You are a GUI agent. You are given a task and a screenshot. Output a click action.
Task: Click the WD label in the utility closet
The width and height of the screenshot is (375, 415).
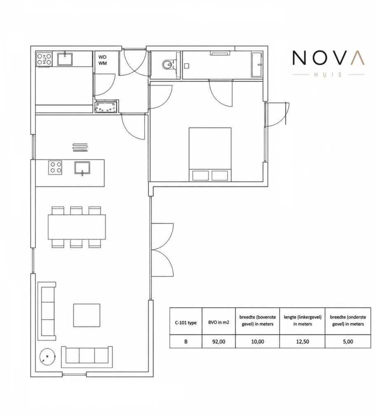pos(102,57)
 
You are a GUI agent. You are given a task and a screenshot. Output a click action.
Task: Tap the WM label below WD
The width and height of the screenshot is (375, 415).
pos(102,63)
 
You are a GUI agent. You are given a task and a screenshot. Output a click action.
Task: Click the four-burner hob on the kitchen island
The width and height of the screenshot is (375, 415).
pos(55,167)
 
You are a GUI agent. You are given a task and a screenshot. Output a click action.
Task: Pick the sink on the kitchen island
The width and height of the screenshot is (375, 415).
pos(82,168)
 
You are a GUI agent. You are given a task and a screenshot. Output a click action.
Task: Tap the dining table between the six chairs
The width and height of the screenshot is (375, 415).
pos(77,227)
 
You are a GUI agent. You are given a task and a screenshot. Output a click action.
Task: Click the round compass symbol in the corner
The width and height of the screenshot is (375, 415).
pos(48,356)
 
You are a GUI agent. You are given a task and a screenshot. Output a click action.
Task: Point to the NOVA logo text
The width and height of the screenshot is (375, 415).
pos(328,58)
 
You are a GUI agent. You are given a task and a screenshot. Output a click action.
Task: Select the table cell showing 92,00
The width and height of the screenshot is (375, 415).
pos(219,342)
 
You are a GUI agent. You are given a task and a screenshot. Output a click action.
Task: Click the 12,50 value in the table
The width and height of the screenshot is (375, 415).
pos(302,342)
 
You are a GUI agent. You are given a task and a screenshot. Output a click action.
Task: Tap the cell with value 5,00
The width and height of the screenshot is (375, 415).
pos(348,342)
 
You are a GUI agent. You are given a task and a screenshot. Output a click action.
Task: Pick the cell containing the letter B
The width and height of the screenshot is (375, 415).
pos(186,342)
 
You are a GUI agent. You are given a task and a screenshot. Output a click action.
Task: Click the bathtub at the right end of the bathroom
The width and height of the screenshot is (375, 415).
pos(257,65)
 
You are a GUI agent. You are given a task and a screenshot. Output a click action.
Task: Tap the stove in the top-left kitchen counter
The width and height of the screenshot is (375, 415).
pos(45,59)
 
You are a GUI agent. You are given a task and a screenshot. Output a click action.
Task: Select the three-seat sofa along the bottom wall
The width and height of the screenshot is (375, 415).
pos(87,357)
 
